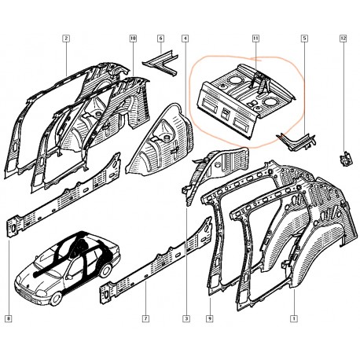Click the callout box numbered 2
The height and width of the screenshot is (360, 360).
[66, 39]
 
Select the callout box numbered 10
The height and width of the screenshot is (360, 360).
[133, 39]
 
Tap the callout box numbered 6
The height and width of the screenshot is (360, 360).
[161, 39]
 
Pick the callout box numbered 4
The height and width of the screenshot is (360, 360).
[185, 39]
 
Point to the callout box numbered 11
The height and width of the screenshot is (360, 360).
[255, 39]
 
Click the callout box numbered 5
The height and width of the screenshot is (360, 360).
[304, 39]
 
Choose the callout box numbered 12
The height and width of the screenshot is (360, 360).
[343, 39]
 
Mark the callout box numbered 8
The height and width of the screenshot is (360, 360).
[9, 319]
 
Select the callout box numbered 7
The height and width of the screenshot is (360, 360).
[145, 319]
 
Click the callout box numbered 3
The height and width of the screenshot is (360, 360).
[186, 319]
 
